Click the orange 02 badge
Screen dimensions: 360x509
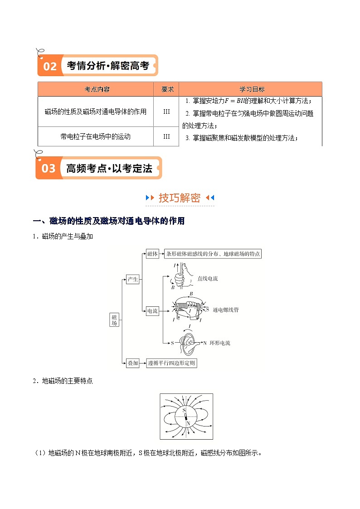[x=49, y=66]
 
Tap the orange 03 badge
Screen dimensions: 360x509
[x=48, y=168]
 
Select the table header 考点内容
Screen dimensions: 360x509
[x=97, y=89]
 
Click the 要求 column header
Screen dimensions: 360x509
[x=166, y=89]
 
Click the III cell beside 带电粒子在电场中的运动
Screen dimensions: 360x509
[x=166, y=136]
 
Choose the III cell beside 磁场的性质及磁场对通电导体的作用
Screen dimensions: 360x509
[x=166, y=111]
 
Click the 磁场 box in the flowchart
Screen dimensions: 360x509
[x=114, y=320]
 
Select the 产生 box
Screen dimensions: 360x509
[x=132, y=280]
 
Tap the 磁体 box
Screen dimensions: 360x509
[x=153, y=254]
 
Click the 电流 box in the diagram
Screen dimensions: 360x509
[x=152, y=311]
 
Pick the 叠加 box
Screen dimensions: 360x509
[x=132, y=363]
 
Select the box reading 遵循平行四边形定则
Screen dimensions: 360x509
[x=172, y=363]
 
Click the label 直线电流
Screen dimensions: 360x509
[x=207, y=278]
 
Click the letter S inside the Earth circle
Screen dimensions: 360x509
[x=184, y=410]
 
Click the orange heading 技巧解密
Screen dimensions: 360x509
[x=179, y=198]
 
